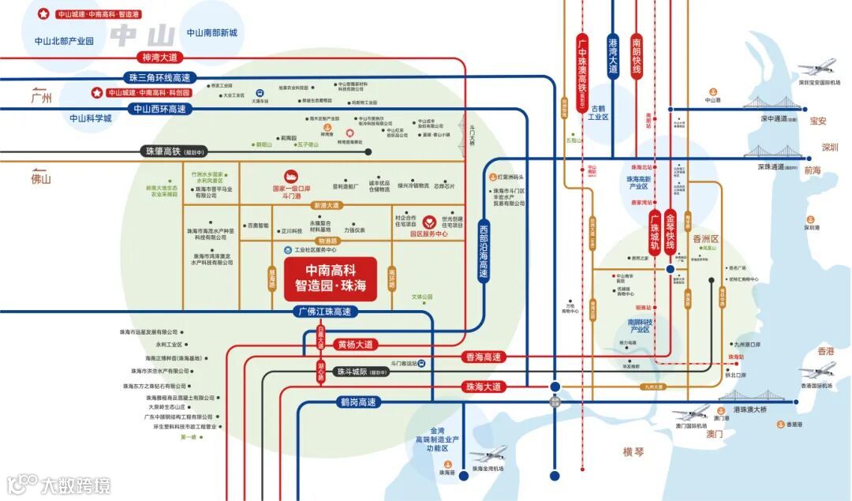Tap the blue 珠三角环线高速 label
click(x=159, y=78)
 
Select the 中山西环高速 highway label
click(x=159, y=110)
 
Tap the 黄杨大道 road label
click(x=354, y=344)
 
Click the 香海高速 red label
click(x=483, y=357)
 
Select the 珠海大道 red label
click(x=483, y=386)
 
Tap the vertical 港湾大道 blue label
click(x=613, y=55)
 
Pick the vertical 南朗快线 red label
click(x=637, y=55)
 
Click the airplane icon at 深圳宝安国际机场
click(x=816, y=68)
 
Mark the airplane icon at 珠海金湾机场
click(x=489, y=455)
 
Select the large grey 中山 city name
click(x=143, y=36)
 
